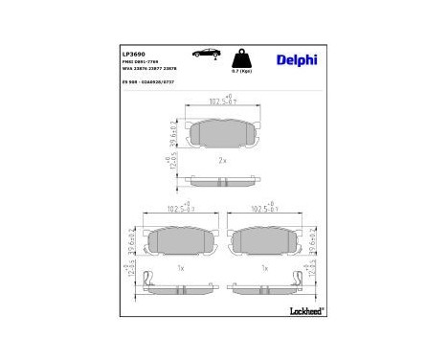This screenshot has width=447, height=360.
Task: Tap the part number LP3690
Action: coord(134,56)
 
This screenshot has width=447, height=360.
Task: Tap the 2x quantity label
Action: coord(222,160)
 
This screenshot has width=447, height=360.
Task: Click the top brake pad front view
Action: coord(222,137)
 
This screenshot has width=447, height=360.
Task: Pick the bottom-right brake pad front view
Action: coord(263,243)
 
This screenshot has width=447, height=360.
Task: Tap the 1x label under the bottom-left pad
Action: coord(180,268)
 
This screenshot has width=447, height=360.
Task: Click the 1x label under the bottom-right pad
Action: coord(263,268)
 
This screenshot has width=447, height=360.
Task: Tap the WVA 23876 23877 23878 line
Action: coord(149,73)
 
